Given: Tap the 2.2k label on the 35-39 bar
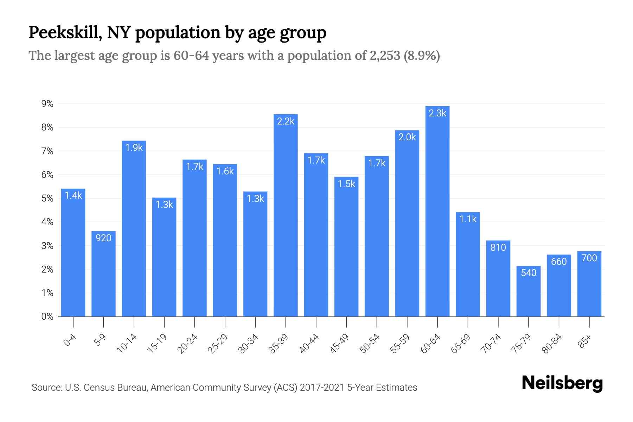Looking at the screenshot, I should coord(286,121).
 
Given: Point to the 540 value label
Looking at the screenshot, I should coord(528,273).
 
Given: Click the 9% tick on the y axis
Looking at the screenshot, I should coord(47,104).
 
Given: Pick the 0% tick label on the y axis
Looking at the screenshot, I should coord(47,316).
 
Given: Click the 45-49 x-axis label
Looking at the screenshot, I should coord(340,344).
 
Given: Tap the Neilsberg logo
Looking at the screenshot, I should coord(562,383).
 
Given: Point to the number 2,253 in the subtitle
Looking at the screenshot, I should coord(385,56).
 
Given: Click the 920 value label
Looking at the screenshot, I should coord(103,238).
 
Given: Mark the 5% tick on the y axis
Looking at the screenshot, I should coord(47,198).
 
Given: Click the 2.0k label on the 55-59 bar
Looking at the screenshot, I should coord(407,137).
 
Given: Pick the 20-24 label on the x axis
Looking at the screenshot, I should coord(188,344).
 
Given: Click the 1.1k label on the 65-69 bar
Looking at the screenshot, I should coord(468,219).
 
